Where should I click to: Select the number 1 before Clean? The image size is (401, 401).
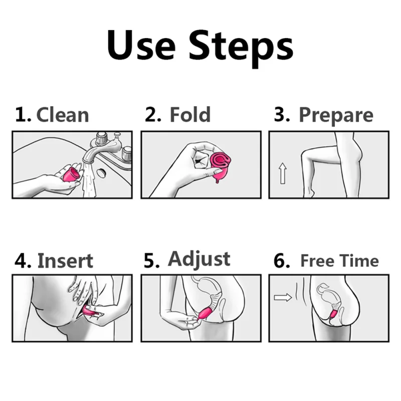click(x=21, y=115)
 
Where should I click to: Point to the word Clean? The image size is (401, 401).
click(x=63, y=115)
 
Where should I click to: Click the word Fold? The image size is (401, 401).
click(x=190, y=115)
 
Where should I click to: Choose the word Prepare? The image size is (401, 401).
click(x=336, y=115)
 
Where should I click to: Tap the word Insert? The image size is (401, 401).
click(x=65, y=261)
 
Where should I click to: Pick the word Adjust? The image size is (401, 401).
click(x=199, y=259)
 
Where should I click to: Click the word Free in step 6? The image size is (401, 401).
click(x=317, y=261)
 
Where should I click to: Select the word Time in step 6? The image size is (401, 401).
click(x=358, y=261)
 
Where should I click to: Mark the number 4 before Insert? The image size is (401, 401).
click(x=22, y=262)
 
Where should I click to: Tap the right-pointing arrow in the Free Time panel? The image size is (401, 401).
click(x=283, y=298)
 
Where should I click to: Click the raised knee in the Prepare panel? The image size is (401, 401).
click(x=307, y=151)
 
